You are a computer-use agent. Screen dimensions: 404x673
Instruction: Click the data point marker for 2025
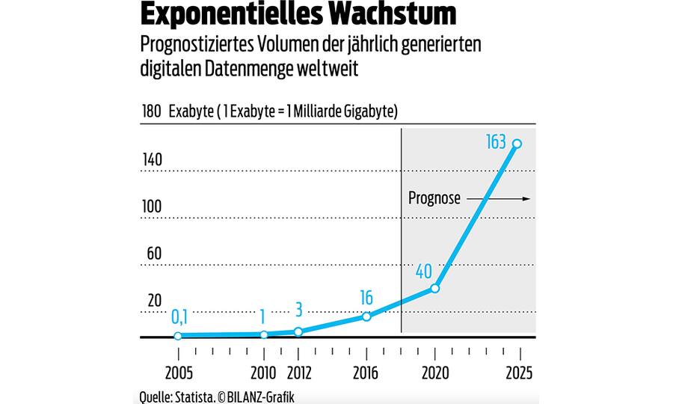(x=516, y=144)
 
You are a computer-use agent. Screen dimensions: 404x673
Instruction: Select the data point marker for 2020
(x=435, y=288)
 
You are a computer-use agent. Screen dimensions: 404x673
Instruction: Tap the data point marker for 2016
(x=366, y=316)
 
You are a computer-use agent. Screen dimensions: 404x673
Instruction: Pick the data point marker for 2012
(x=298, y=331)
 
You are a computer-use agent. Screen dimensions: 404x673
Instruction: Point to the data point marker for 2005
(x=178, y=336)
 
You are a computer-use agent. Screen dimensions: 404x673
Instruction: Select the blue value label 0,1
(x=179, y=317)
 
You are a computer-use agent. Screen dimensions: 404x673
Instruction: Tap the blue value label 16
(x=366, y=298)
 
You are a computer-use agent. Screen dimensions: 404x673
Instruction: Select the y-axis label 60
(x=153, y=254)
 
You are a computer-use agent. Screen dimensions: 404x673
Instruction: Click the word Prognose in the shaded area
(x=434, y=199)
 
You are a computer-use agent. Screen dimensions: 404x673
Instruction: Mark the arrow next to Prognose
(x=497, y=199)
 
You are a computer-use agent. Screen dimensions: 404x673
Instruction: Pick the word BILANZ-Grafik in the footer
(x=258, y=396)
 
